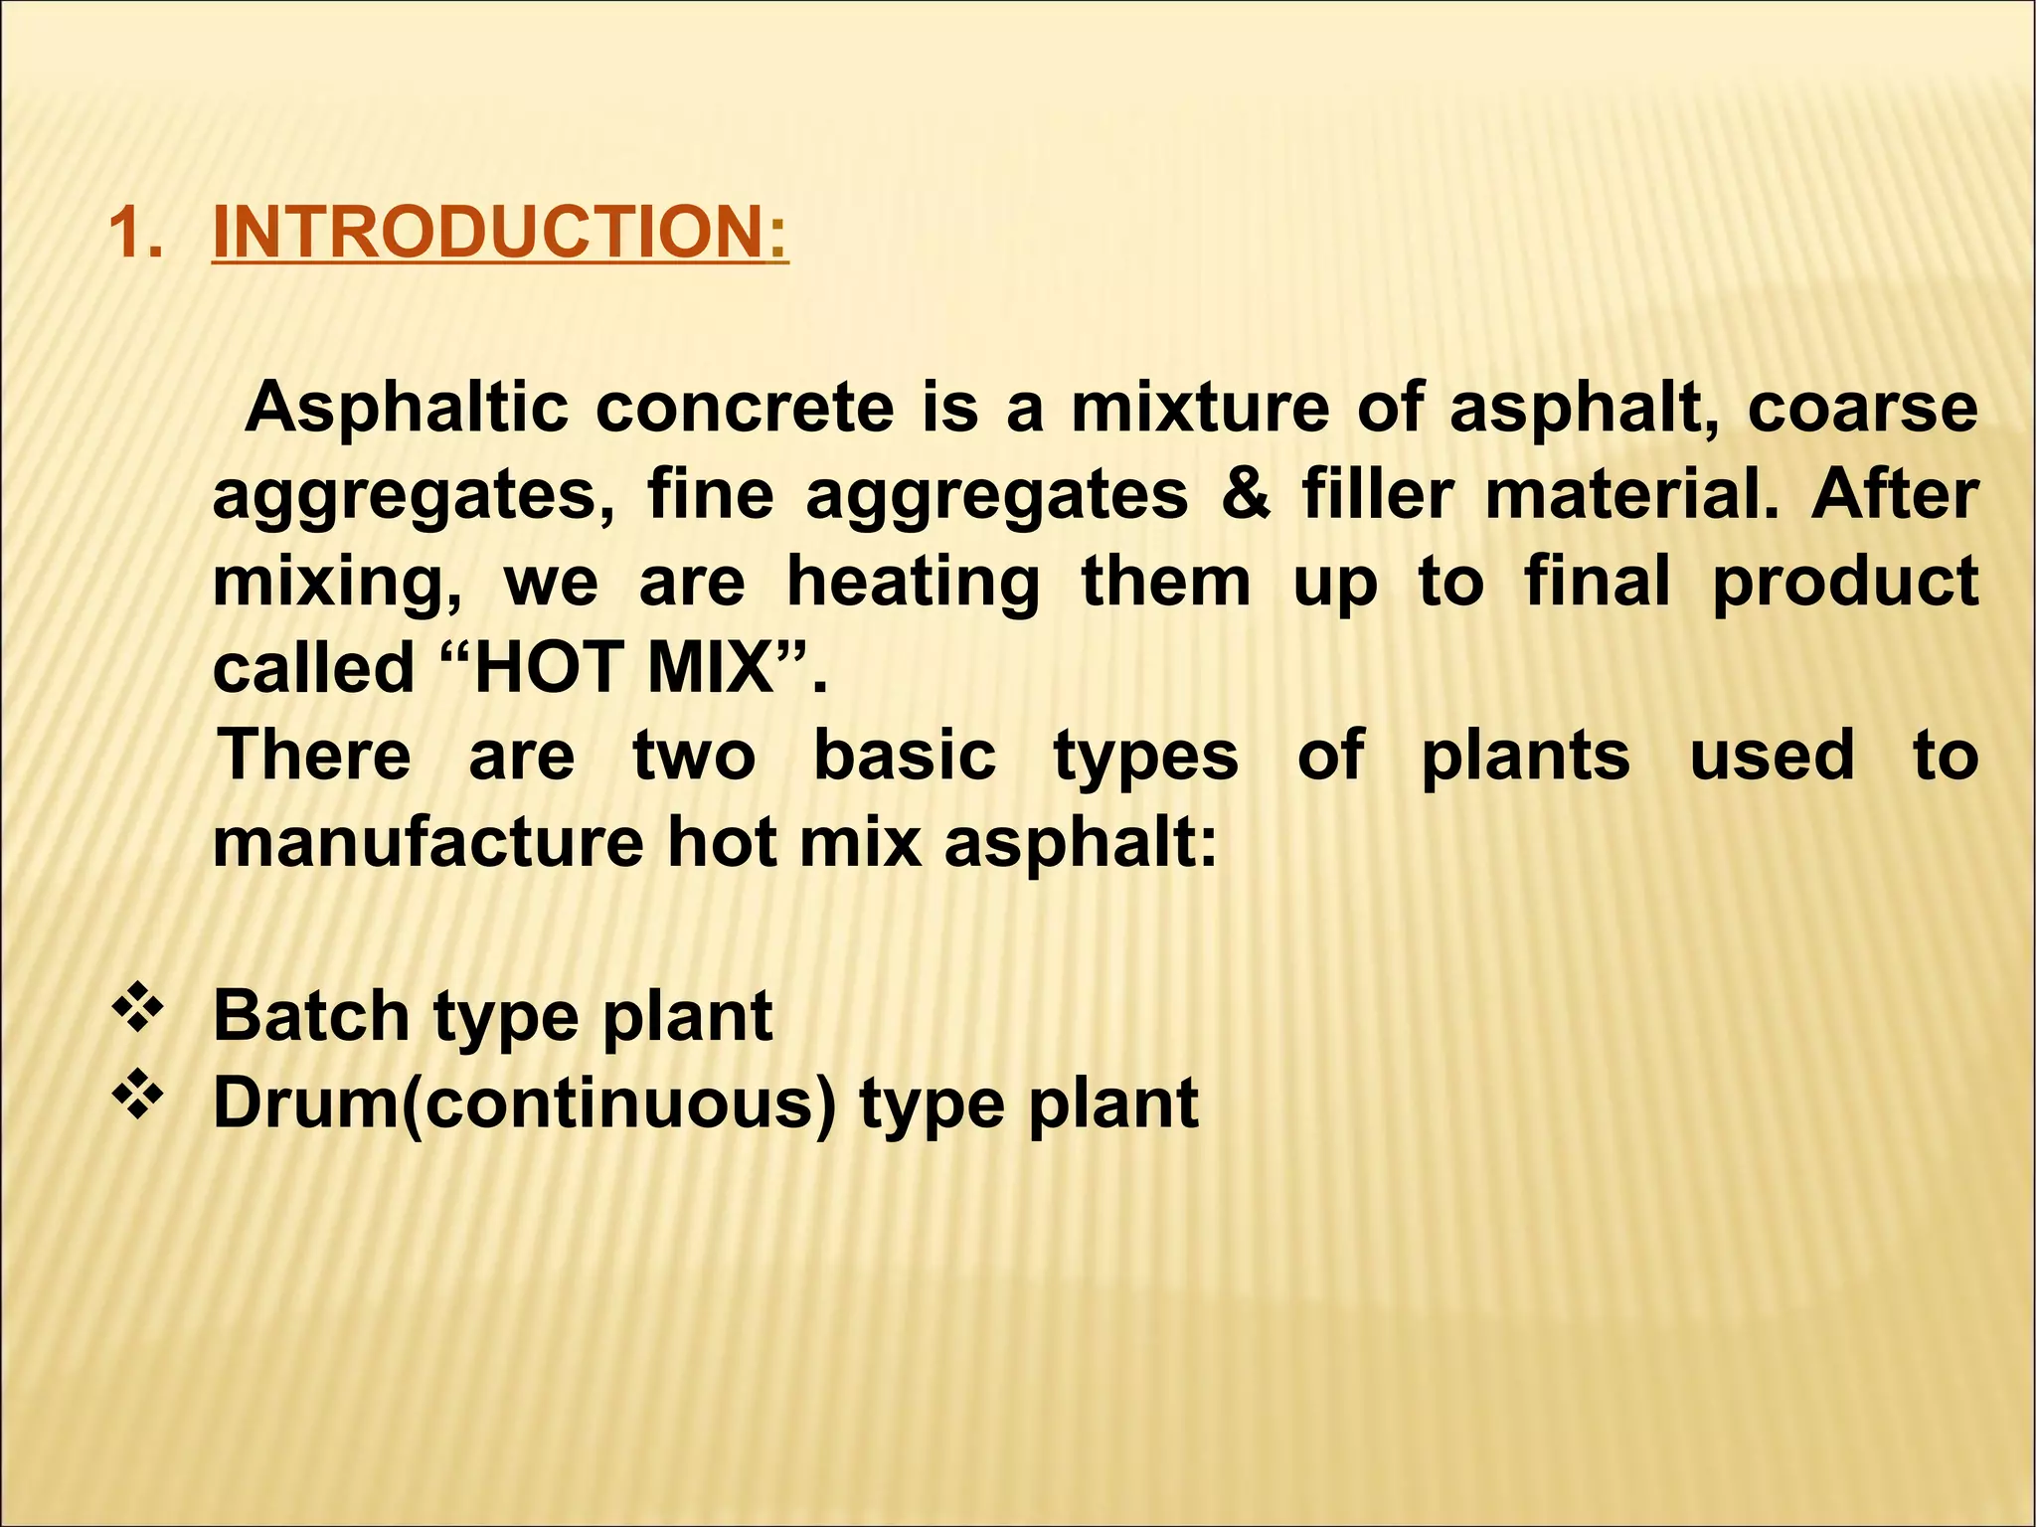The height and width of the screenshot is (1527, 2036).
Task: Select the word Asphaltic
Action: click(x=407, y=409)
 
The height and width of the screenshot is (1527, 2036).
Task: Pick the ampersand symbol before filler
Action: click(x=1246, y=494)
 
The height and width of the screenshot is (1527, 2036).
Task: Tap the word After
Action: click(x=1895, y=494)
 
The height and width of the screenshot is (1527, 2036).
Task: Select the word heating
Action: click(x=913, y=582)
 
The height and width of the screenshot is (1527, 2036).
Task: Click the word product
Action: click(x=1845, y=582)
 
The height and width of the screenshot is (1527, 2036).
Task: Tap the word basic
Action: click(x=905, y=755)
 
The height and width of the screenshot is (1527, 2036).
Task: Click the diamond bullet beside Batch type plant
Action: click(x=138, y=1010)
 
